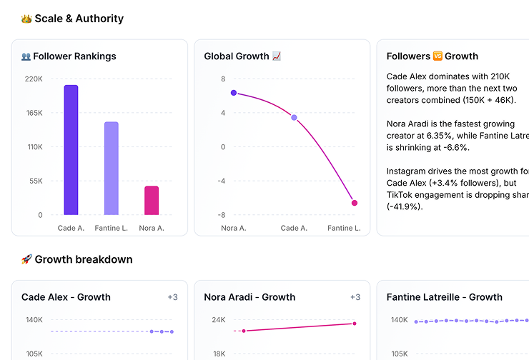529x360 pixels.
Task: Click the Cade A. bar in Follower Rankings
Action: [x=71, y=150]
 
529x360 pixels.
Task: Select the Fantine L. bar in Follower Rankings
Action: [x=112, y=169]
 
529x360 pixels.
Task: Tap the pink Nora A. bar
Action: [x=152, y=201]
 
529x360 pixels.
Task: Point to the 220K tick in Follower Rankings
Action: [x=34, y=79]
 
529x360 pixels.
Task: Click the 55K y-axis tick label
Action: [x=36, y=181]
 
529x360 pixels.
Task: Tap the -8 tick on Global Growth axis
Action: [x=222, y=215]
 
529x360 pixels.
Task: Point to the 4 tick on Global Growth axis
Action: [x=223, y=113]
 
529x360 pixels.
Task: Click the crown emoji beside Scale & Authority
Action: [x=26, y=19]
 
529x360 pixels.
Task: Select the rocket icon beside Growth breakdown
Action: [x=26, y=259]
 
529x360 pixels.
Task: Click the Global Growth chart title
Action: [x=237, y=56]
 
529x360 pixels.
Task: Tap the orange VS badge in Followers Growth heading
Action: [x=437, y=56]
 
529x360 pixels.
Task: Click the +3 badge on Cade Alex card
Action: [x=173, y=297]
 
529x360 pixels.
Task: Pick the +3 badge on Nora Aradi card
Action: [x=355, y=297]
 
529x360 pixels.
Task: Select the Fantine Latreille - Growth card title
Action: [x=444, y=297]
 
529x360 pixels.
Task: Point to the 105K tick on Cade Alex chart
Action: [x=34, y=354]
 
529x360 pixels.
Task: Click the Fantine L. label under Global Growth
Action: [x=344, y=229]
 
